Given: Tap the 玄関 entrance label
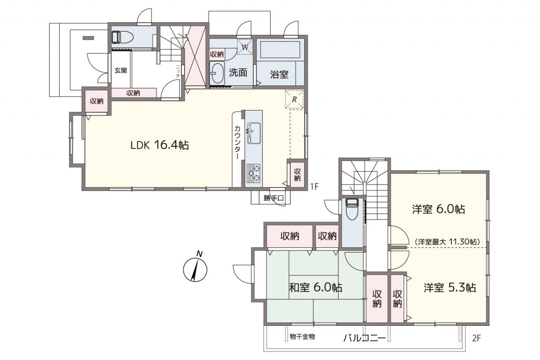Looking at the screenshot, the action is coord(121,70).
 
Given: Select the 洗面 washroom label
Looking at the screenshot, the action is coord(238,72).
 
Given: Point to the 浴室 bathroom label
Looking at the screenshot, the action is coord(279,74).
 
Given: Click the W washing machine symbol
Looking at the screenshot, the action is coord(245,47).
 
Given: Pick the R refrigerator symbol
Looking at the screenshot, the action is coord(294,99).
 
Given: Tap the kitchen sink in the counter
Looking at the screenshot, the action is coord(254,133).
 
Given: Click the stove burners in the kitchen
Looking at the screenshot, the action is coord(254,173).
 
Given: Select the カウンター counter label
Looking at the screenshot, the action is coord(238,142).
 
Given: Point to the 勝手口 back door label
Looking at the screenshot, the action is coord(273,198).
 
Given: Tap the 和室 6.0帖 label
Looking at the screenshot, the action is coord(316,287).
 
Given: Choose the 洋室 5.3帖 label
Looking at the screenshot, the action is coord(450,288).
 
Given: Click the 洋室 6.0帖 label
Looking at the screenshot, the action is coord(438,209).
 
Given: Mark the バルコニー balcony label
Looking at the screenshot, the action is coord(364,338).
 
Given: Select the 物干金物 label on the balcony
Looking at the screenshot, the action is coord(302,337).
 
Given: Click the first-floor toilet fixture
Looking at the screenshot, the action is coord(122,38).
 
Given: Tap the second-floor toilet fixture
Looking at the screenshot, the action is coord(352,209).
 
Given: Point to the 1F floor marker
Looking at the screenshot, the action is coord(314,186).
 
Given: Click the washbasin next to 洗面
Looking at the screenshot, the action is coord(217,73).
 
